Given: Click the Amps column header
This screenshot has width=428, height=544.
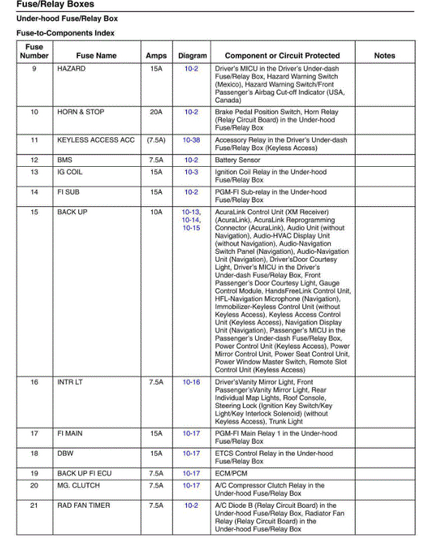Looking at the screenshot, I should pyautogui.click(x=156, y=56).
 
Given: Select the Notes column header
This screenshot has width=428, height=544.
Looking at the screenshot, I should pyautogui.click(x=384, y=56).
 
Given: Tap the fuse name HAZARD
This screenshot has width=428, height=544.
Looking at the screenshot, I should pyautogui.click(x=72, y=69).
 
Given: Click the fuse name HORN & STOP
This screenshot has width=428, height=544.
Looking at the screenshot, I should pyautogui.click(x=81, y=112).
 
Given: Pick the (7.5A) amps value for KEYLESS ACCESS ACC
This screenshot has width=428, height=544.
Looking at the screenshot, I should pyautogui.click(x=156, y=140).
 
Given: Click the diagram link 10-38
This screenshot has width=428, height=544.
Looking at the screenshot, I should pyautogui.click(x=192, y=140).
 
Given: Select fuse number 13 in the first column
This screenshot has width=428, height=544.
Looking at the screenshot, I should pyautogui.click(x=34, y=172).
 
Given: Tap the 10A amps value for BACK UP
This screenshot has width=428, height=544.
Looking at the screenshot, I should pyautogui.click(x=156, y=212).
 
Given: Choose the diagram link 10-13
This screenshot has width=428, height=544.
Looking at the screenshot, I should pyautogui.click(x=191, y=212).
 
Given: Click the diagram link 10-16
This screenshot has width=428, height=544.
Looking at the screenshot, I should pyautogui.click(x=192, y=382).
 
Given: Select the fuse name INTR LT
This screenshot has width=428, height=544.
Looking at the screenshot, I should pyautogui.click(x=70, y=382).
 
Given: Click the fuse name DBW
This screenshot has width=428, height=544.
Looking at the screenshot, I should pyautogui.click(x=66, y=454).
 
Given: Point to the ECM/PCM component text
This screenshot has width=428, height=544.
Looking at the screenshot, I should pyautogui.click(x=232, y=474).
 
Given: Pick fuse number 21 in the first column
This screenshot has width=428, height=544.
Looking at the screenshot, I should pyautogui.click(x=34, y=506).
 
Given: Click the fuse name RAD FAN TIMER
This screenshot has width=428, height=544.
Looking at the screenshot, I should pyautogui.click(x=84, y=506).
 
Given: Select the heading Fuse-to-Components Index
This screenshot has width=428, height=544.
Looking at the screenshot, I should pyautogui.click(x=65, y=33).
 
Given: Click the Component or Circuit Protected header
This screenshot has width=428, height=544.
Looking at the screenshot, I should pyautogui.click(x=282, y=56).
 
